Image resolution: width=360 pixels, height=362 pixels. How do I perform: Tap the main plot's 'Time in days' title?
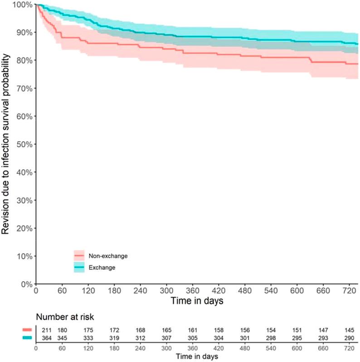click(197, 300)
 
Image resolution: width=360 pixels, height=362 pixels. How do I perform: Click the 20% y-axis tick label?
click(24, 228)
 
